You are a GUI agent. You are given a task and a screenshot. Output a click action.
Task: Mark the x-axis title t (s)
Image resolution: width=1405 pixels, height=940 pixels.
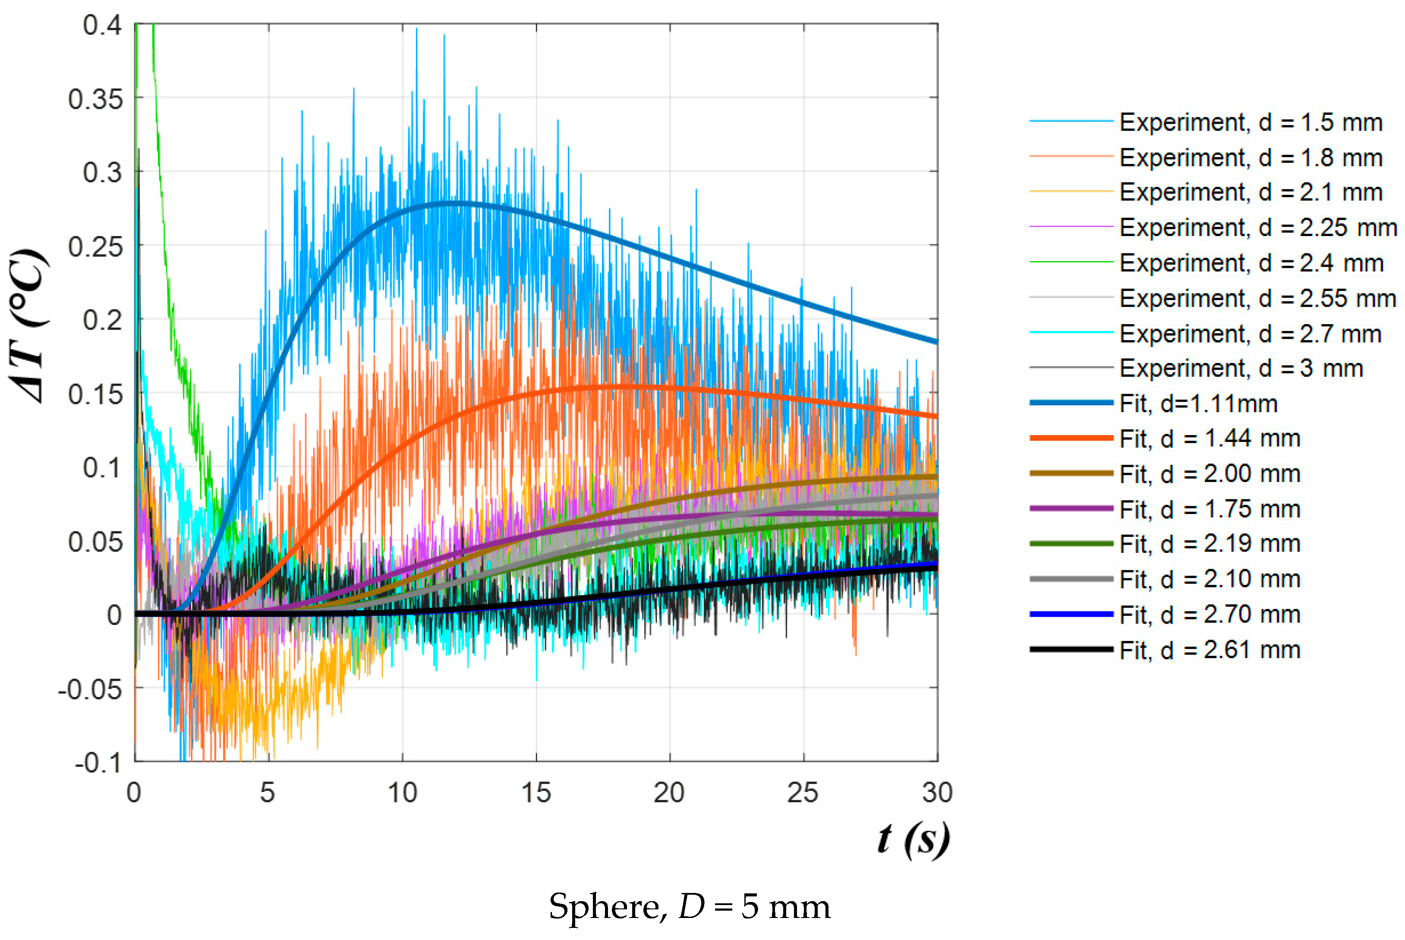click(x=914, y=839)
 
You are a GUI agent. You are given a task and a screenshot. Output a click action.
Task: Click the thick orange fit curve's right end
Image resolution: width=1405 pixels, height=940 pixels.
click(x=937, y=416)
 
